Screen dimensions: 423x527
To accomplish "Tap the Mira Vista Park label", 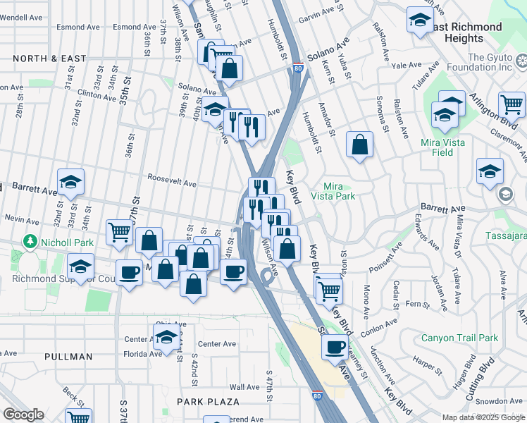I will click(x=340, y=191).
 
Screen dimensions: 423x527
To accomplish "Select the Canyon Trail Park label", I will click(x=459, y=338).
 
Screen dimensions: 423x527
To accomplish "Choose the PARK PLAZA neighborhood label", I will click(x=208, y=402).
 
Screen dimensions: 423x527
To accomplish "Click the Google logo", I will click(x=23, y=415).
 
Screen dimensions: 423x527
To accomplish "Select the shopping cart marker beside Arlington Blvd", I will click(x=512, y=105).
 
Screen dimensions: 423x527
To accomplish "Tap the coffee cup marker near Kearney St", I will click(x=335, y=346).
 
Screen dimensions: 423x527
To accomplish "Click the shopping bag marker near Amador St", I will click(x=359, y=146).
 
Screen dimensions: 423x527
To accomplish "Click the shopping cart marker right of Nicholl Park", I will click(x=119, y=231).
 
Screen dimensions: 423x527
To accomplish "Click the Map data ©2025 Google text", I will click(x=483, y=417).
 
